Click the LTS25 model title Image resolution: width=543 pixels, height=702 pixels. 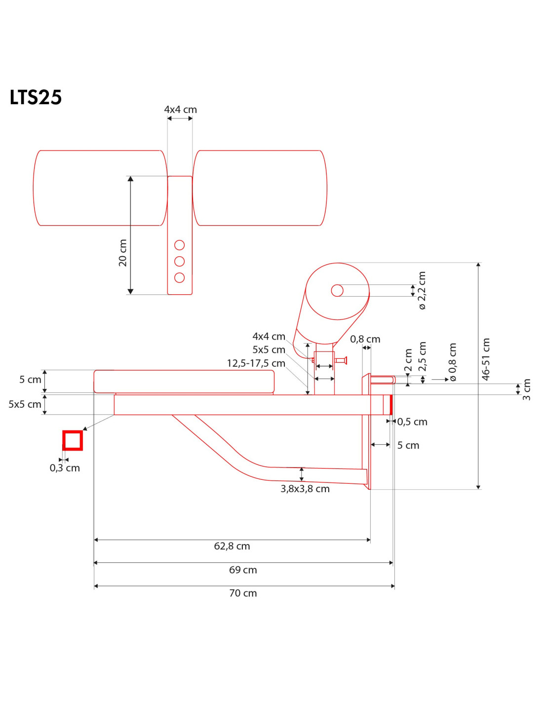click(x=36, y=97)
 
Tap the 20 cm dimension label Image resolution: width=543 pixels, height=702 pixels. click(x=122, y=253)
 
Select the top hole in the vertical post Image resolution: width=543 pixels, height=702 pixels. click(x=180, y=245)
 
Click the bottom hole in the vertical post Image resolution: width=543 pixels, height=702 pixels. click(x=180, y=277)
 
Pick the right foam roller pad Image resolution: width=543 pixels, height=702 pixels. click(x=260, y=188)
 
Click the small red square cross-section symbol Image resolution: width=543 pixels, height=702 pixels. click(x=73, y=440)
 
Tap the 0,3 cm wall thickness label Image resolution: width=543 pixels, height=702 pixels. click(x=65, y=468)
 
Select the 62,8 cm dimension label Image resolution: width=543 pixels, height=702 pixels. click(x=232, y=546)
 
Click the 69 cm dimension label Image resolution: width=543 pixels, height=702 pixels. click(x=243, y=570)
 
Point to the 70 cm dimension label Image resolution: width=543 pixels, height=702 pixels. click(x=243, y=593)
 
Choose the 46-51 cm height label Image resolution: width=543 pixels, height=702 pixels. click(x=486, y=359)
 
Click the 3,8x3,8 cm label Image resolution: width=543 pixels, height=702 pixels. click(x=305, y=489)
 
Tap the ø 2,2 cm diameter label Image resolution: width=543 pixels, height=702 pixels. click(x=422, y=291)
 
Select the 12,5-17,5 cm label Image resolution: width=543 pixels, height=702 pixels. click(x=256, y=363)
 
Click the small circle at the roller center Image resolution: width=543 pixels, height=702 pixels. click(x=337, y=290)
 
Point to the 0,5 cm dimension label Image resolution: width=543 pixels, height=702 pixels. click(x=412, y=422)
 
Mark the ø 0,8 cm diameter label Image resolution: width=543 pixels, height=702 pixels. click(x=452, y=362)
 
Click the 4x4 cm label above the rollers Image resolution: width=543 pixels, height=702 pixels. click(x=180, y=110)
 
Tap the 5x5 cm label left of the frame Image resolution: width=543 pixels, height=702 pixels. click(x=25, y=404)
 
